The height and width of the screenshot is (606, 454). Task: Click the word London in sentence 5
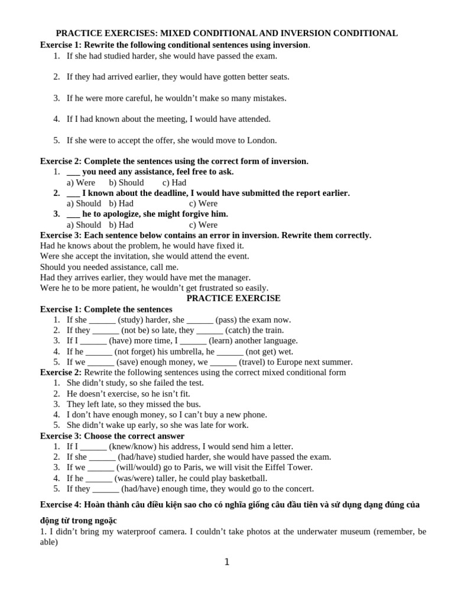[x=262, y=140]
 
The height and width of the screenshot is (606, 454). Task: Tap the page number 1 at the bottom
[x=227, y=562]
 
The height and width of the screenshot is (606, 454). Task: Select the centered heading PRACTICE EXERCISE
[x=234, y=298]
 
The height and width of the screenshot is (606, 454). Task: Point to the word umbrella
[x=182, y=352]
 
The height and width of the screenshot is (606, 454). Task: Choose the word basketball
[x=247, y=478]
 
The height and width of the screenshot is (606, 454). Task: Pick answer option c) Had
[x=174, y=182]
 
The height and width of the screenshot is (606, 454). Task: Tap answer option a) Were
[x=81, y=182]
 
